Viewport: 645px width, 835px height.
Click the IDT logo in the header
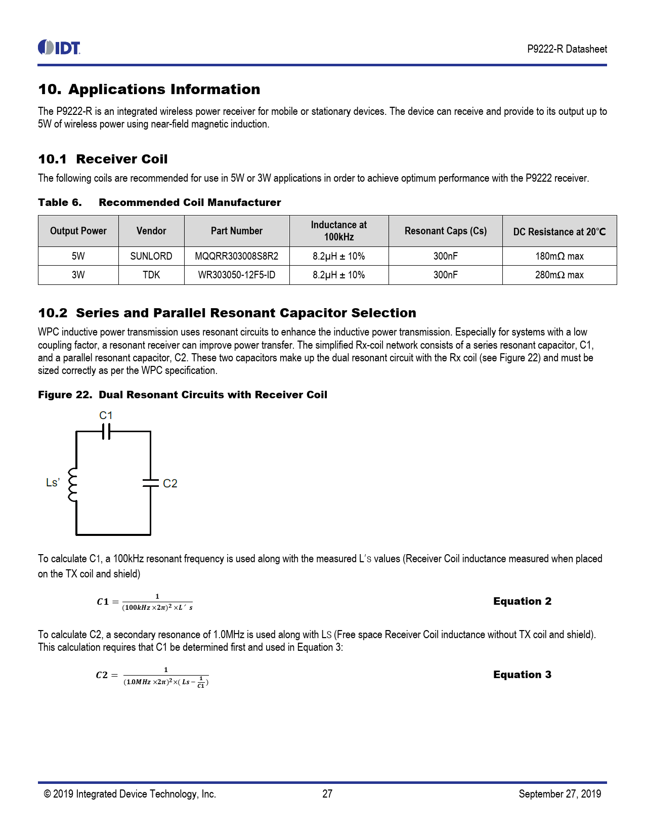59,48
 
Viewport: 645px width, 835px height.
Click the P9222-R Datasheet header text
567,49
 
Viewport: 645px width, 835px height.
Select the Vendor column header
151,231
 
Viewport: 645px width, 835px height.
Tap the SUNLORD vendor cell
151,256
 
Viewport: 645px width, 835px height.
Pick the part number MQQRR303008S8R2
236,256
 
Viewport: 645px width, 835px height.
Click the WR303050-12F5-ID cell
236,275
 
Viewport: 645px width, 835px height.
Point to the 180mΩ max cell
559,256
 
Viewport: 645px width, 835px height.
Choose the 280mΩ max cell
559,275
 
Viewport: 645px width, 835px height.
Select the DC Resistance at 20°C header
559,232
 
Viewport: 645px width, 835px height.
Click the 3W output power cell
78,275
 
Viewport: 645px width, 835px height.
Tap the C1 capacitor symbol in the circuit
106,432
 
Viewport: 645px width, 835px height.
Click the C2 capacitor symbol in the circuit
150,483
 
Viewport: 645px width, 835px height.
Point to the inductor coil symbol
73,485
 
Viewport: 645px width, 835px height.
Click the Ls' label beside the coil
53,483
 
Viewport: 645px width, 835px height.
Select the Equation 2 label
522,601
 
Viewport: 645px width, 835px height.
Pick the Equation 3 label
522,675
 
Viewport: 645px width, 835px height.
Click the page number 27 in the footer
327,794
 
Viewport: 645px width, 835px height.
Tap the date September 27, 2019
560,794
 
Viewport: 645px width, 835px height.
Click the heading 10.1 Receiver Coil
103,159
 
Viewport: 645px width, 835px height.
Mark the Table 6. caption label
60,202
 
